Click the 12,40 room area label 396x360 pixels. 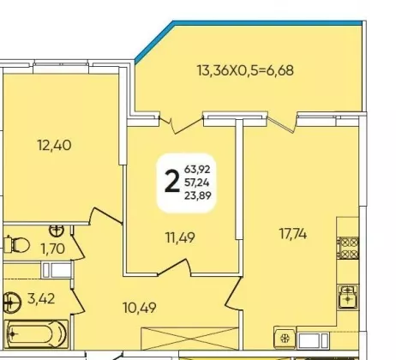click(x=54, y=145)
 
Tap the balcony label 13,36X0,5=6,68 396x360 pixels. click(x=245, y=70)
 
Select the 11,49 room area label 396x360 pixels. click(x=180, y=237)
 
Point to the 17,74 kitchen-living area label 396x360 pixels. click(x=293, y=234)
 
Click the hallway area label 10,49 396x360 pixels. click(x=140, y=308)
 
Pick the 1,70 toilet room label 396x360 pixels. click(x=53, y=249)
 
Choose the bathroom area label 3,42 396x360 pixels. click(x=41, y=299)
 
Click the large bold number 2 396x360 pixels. click(x=172, y=182)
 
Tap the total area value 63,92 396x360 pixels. click(x=197, y=169)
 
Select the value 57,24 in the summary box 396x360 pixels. click(x=197, y=182)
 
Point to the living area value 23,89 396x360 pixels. click(x=198, y=195)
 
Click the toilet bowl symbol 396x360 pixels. click(x=17, y=245)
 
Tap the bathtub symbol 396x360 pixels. click(x=36, y=333)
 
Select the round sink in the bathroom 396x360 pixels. click(x=12, y=303)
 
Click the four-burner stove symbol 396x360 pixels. click(x=348, y=248)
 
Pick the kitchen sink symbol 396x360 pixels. click(x=347, y=297)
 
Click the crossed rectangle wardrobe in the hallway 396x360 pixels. click(x=189, y=339)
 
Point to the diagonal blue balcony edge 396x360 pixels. click(x=153, y=42)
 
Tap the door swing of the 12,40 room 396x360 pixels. click(x=105, y=216)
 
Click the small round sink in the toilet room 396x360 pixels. click(x=57, y=231)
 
